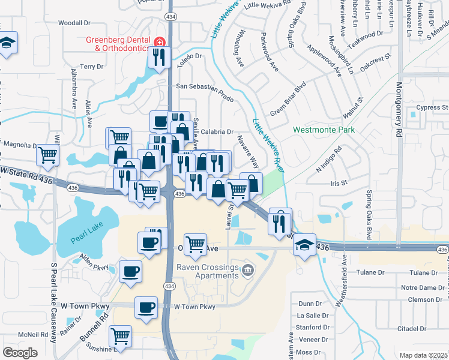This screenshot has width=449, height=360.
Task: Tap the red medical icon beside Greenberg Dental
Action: click(x=160, y=41)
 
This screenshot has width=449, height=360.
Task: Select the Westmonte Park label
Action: click(x=324, y=130)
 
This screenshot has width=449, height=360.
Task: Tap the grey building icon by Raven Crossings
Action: click(x=247, y=272)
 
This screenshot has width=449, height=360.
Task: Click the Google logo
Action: click(x=20, y=352)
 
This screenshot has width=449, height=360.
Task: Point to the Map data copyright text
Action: click(x=424, y=355)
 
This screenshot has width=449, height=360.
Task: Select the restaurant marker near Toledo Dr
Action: click(x=159, y=57)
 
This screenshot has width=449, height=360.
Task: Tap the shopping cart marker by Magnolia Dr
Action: click(x=48, y=155)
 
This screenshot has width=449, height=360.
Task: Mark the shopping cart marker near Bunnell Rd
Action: click(x=121, y=336)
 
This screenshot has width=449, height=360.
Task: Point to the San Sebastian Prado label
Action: click(x=203, y=86)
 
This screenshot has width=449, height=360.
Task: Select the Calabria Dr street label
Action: click(x=217, y=132)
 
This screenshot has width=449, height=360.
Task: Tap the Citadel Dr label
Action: click(x=428, y=329)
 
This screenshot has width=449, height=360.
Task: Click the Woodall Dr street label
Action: click(x=74, y=23)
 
